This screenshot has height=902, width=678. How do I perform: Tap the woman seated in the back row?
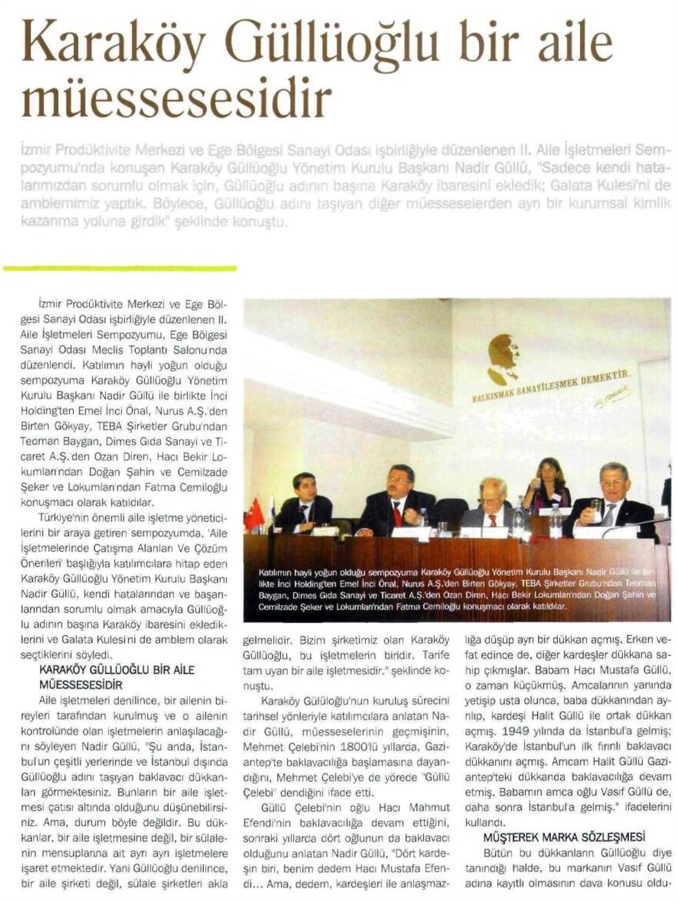tap(548, 483)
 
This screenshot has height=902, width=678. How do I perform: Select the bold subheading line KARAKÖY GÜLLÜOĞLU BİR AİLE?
tap(117, 670)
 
